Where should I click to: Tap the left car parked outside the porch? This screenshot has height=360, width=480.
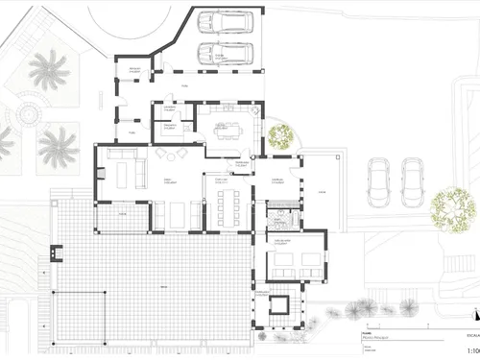click(x=380, y=182)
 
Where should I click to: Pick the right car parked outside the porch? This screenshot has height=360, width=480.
click(x=414, y=182)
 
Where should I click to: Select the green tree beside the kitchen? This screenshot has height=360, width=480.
click(x=279, y=136)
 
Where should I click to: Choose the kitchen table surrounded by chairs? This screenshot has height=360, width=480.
click(x=228, y=128)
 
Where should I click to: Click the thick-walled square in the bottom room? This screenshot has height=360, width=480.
click(x=280, y=308)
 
